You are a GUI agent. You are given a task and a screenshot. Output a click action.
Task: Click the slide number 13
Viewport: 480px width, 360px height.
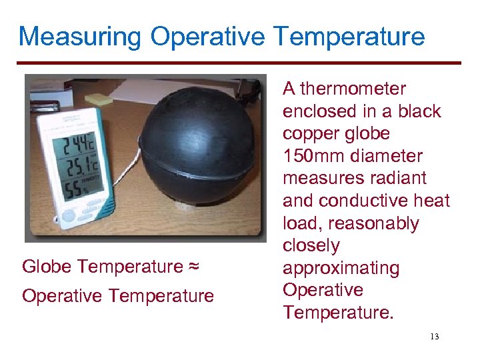pos(435,337)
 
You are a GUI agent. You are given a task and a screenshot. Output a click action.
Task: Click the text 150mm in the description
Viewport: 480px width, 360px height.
pos(312,156)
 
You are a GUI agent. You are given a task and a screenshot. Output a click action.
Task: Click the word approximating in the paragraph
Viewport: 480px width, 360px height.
pos(341,268)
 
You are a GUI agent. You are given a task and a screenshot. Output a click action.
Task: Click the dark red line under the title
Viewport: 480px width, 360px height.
pos(240,63)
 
